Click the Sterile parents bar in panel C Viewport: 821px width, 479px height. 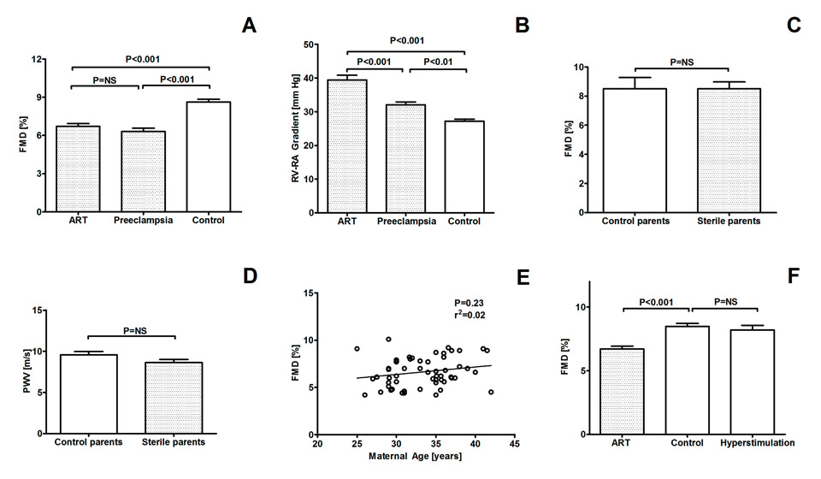pos(729,150)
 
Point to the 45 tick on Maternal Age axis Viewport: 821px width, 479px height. pos(513,445)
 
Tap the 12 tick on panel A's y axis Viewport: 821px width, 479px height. pos(38,59)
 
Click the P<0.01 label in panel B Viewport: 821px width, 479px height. pos(434,62)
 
